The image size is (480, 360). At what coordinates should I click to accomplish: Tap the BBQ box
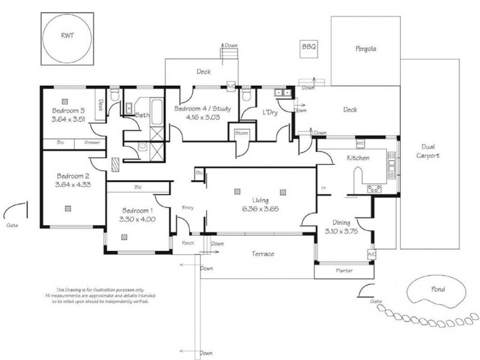308,46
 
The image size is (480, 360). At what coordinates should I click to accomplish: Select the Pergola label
365,49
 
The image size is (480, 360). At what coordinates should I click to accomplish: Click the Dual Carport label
431,151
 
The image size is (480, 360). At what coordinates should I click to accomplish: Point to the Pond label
438,289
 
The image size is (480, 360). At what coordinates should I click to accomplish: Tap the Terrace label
262,254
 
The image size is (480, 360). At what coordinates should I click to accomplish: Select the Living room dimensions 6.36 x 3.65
260,209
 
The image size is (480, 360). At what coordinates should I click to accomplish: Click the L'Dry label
268,112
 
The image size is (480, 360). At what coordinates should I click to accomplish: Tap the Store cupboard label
242,133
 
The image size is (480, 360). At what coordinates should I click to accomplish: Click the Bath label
142,115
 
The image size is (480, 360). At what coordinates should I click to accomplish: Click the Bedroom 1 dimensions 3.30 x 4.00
138,220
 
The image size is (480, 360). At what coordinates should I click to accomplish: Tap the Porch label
188,243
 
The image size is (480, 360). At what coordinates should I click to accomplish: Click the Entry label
188,208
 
